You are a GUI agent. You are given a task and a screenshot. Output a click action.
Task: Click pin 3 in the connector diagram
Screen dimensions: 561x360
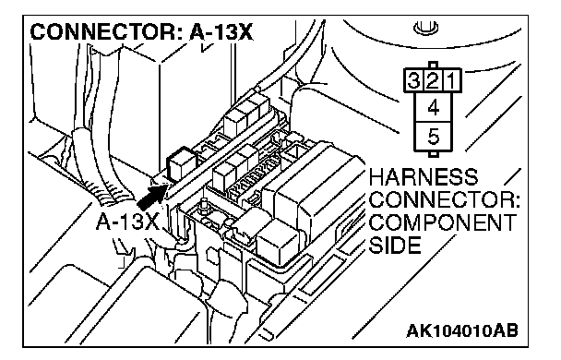pyautogui.click(x=413, y=80)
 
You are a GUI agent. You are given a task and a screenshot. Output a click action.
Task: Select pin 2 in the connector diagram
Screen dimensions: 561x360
pyautogui.click(x=433, y=80)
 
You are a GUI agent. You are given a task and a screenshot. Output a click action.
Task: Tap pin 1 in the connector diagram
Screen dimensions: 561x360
pyautogui.click(x=451, y=80)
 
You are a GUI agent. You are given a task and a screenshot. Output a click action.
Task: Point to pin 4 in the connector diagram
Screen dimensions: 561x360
pyautogui.click(x=434, y=107)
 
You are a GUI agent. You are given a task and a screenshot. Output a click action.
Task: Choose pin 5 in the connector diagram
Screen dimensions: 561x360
pyautogui.click(x=434, y=137)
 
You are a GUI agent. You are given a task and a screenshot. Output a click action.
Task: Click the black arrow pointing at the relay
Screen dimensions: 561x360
pyautogui.click(x=152, y=197)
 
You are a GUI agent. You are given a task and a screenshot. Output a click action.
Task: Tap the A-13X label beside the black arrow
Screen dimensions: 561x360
pyautogui.click(x=127, y=222)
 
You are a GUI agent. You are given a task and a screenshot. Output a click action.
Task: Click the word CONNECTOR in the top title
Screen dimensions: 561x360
pyautogui.click(x=102, y=32)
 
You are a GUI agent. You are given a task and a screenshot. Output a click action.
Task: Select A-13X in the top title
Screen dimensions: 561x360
pyautogui.click(x=221, y=32)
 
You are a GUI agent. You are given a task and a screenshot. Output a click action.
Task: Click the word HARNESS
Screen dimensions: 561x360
pyautogui.click(x=424, y=177)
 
